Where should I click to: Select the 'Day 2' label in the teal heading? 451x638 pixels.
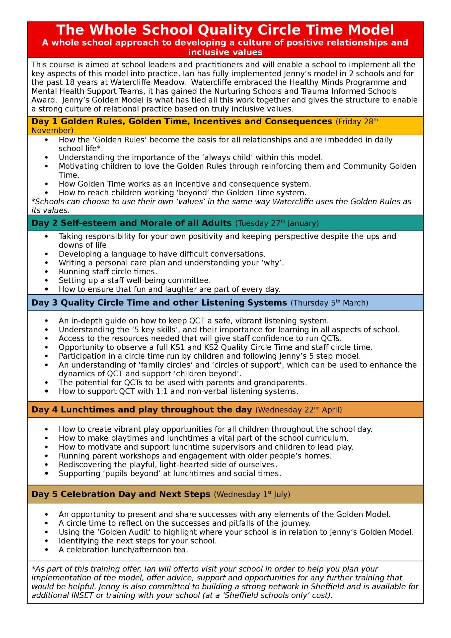click(44, 223)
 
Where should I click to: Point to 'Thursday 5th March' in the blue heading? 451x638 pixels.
click(329, 303)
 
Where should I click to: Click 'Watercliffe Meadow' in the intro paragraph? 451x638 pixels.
click(148, 82)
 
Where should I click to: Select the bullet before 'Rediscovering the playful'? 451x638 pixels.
click(46, 465)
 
